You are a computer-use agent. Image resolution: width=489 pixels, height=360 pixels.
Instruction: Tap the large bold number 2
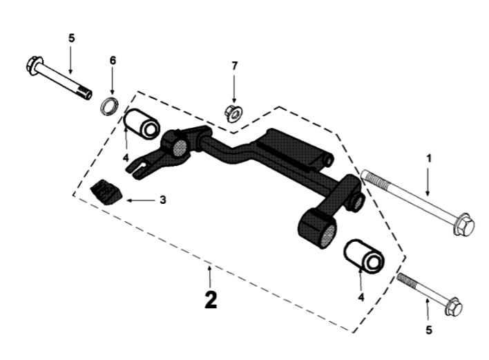coord(211,299)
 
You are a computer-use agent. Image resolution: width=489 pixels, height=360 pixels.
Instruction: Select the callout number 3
coord(163,200)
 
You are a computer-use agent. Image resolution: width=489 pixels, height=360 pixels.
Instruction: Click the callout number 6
coord(113,60)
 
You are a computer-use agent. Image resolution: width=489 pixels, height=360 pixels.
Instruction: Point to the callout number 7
coord(234,66)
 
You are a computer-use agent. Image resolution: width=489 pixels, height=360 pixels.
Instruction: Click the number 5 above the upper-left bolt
coord(70,37)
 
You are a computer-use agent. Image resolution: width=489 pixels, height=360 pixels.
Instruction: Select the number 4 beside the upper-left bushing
coord(126,158)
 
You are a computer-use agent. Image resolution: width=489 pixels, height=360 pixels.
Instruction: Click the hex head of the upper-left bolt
coord(33,67)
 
